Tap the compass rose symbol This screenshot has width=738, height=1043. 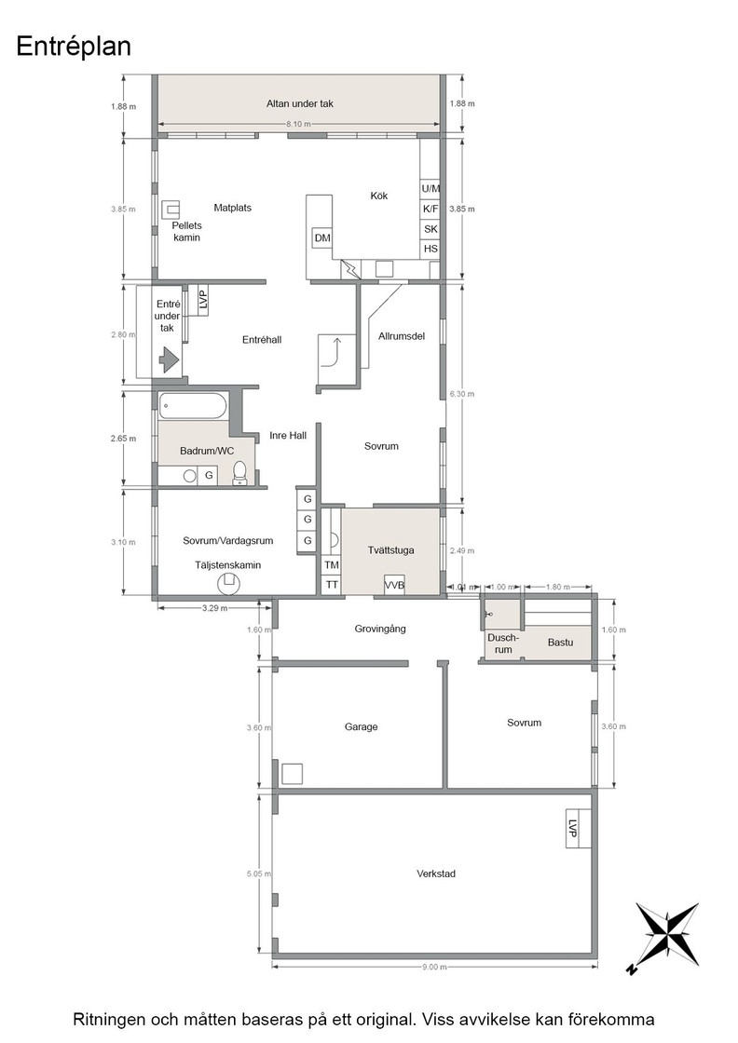coord(664,936)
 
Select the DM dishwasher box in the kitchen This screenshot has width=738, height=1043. coord(322,238)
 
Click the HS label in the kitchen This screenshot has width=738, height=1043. coord(430,249)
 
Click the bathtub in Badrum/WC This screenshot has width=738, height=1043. coord(193,406)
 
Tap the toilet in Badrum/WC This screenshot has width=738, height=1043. coord(239,473)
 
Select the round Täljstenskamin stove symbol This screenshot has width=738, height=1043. coord(229,583)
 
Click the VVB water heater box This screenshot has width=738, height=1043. coord(394,586)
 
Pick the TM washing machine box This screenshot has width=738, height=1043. coord(332,564)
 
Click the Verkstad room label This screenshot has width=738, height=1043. coord(436,874)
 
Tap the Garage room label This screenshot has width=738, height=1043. coord(361,727)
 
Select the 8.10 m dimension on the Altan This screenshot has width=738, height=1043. coord(298,124)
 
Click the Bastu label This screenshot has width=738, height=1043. coord(560,643)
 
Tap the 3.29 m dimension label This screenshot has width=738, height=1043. coord(214,608)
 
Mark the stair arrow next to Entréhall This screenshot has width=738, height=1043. coord(332,352)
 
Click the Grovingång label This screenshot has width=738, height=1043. coord(380,629)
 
